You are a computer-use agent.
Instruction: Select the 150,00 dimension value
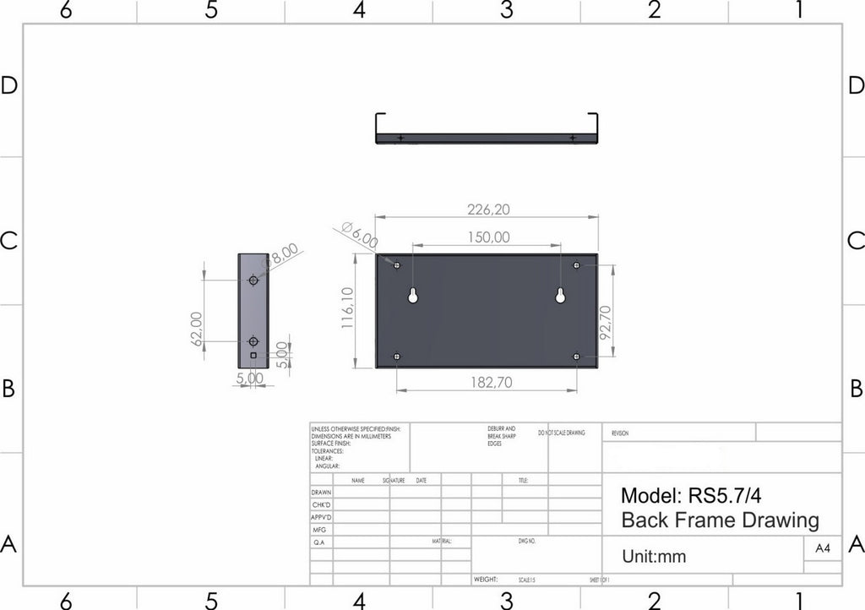[488, 237]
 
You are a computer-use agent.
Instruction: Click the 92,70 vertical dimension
[605, 323]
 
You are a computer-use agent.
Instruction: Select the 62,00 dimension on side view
[197, 328]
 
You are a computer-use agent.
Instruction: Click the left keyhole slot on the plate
[413, 295]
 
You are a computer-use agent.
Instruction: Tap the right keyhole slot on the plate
[560, 295]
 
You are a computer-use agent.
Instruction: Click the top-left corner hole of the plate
[398, 266]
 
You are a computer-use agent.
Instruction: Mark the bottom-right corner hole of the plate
[577, 357]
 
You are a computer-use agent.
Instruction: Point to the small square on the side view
[253, 357]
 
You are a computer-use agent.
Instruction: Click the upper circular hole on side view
[253, 280]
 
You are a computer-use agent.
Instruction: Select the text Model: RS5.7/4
[696, 495]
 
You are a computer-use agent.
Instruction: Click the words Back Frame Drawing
[720, 520]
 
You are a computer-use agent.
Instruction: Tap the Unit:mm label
[654, 557]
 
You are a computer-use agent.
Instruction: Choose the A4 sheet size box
[822, 548]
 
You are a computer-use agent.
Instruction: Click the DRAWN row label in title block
[322, 492]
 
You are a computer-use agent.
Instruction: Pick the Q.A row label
[320, 542]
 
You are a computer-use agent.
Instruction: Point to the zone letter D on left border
[9, 86]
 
